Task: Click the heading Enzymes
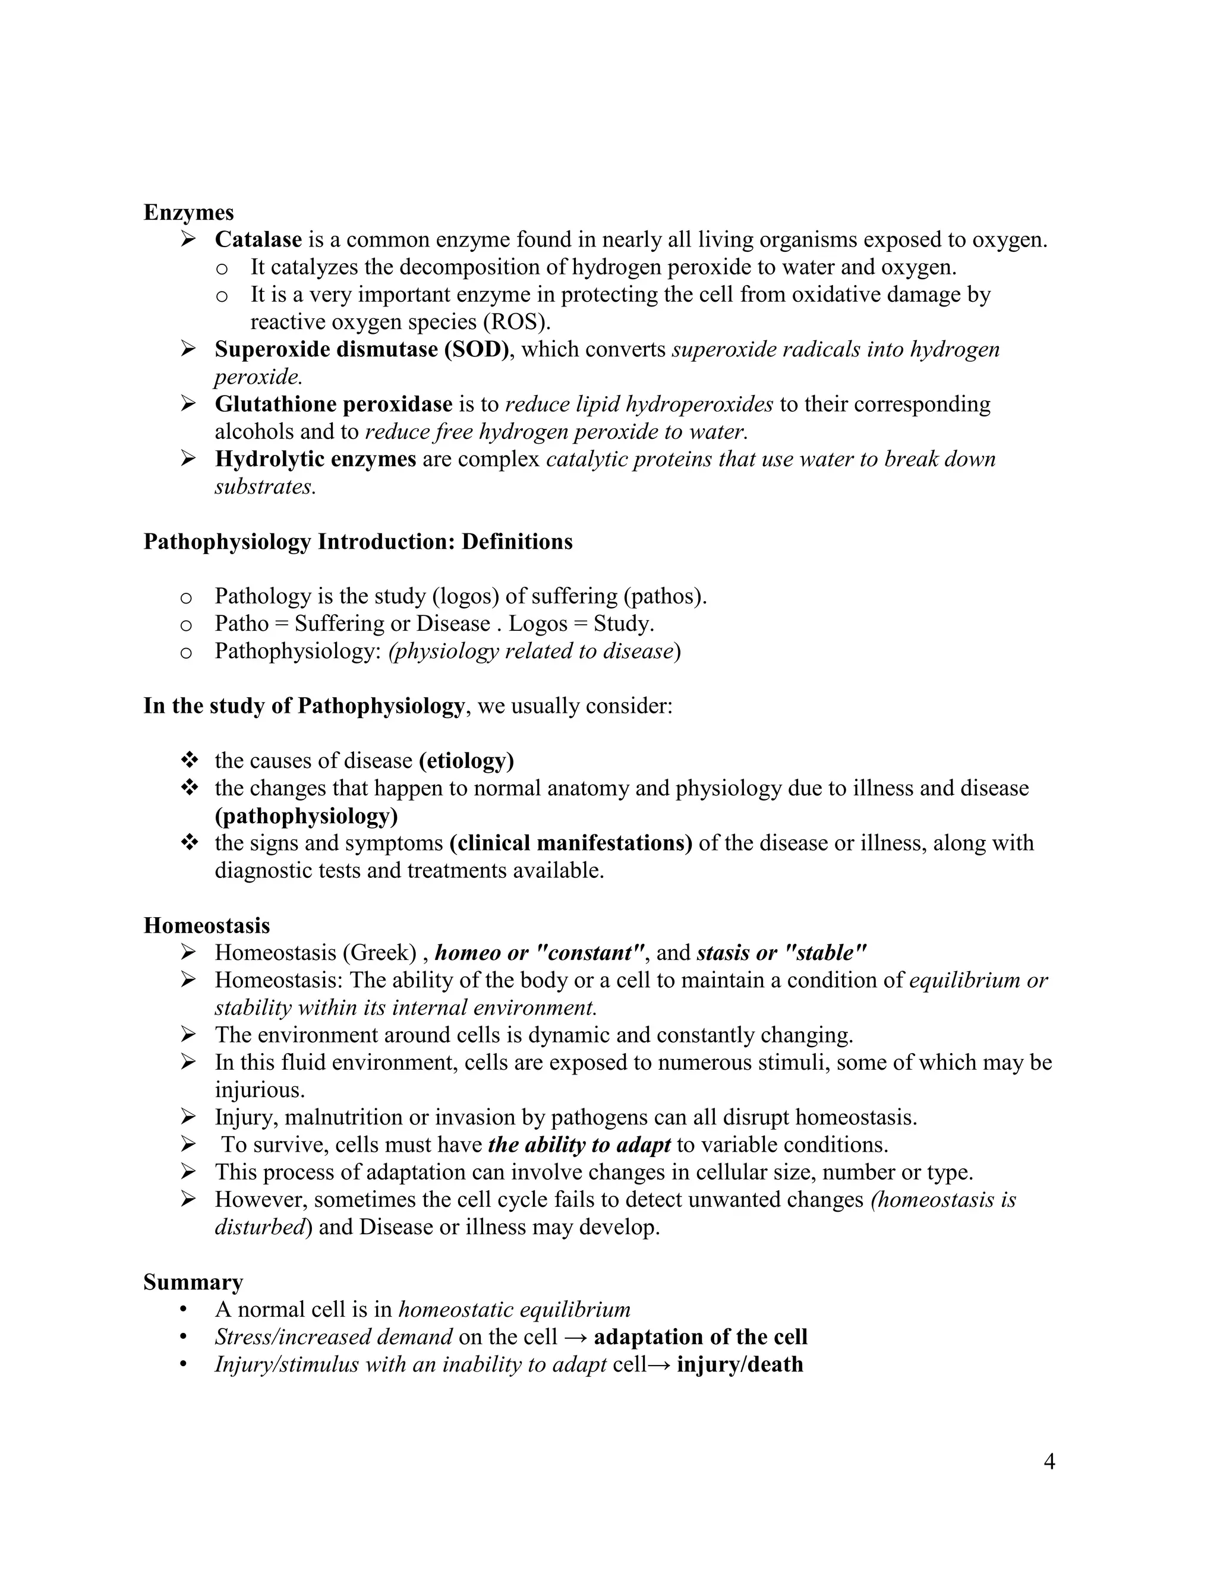(x=189, y=213)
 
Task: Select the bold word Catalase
(x=258, y=240)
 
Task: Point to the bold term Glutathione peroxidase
(x=333, y=404)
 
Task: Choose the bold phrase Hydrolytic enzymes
(x=315, y=459)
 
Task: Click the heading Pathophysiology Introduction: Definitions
(x=358, y=541)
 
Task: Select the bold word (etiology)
(x=466, y=760)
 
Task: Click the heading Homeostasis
(x=206, y=925)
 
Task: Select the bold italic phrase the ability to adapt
(x=579, y=1145)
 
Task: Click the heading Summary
(x=193, y=1282)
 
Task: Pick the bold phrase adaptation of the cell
(x=700, y=1337)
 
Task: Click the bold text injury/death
(x=740, y=1364)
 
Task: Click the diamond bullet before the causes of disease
(x=189, y=760)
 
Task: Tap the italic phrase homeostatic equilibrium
(x=514, y=1310)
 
